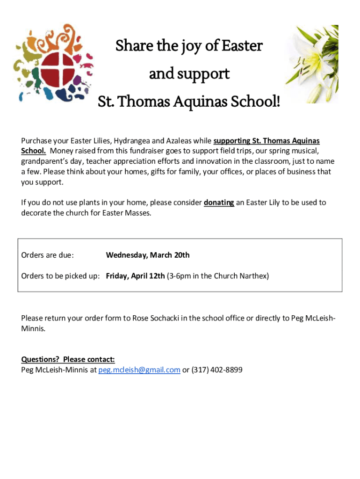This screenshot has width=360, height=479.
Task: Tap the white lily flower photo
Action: (311, 64)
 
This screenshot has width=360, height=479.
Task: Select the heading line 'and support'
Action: (189, 74)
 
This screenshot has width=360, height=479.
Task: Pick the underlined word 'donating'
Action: (219, 203)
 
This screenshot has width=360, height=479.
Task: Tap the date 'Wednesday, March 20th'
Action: (148, 255)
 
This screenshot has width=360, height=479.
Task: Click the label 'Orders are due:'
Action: (47, 255)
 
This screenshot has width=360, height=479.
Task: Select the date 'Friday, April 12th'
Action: (135, 276)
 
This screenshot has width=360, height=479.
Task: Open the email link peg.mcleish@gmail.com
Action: (139, 370)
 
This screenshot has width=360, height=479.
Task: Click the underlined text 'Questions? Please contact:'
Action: (68, 360)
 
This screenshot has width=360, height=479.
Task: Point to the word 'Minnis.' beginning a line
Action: (34, 329)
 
